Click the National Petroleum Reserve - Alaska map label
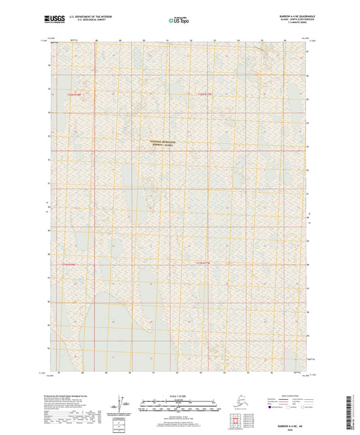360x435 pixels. click(162, 143)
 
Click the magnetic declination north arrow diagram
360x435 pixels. click(122, 404)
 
